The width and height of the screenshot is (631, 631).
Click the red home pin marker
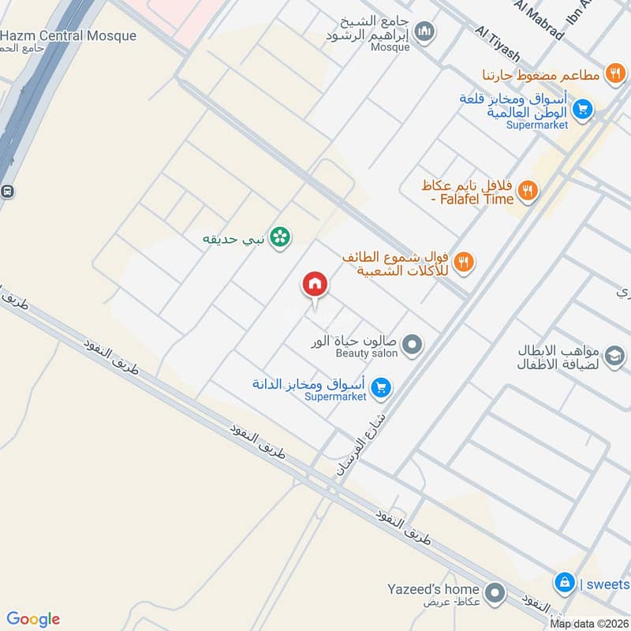pyautogui.click(x=315, y=285)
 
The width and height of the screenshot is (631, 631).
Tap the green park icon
pyautogui.click(x=278, y=236)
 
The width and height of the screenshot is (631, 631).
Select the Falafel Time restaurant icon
pyautogui.click(x=528, y=190)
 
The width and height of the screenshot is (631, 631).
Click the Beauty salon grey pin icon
pyautogui.click(x=412, y=344)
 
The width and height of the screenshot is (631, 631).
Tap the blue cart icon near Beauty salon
pyautogui.click(x=382, y=387)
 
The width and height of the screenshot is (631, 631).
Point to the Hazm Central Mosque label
pyautogui.click(x=69, y=36)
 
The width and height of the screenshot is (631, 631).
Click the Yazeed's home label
pyautogui.click(x=433, y=589)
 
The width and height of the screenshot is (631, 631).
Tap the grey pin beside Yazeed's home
pyautogui.click(x=495, y=591)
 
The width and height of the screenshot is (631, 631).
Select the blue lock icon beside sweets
pyautogui.click(x=564, y=583)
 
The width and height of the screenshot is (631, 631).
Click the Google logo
pyautogui.click(x=33, y=618)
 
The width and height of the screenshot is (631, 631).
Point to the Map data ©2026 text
pyautogui.click(x=589, y=624)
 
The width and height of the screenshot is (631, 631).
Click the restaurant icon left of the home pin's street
pyautogui.click(x=464, y=261)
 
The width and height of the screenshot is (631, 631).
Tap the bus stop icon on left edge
pyautogui.click(x=7, y=191)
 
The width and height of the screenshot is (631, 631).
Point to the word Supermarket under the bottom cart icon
pyautogui.click(x=335, y=397)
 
